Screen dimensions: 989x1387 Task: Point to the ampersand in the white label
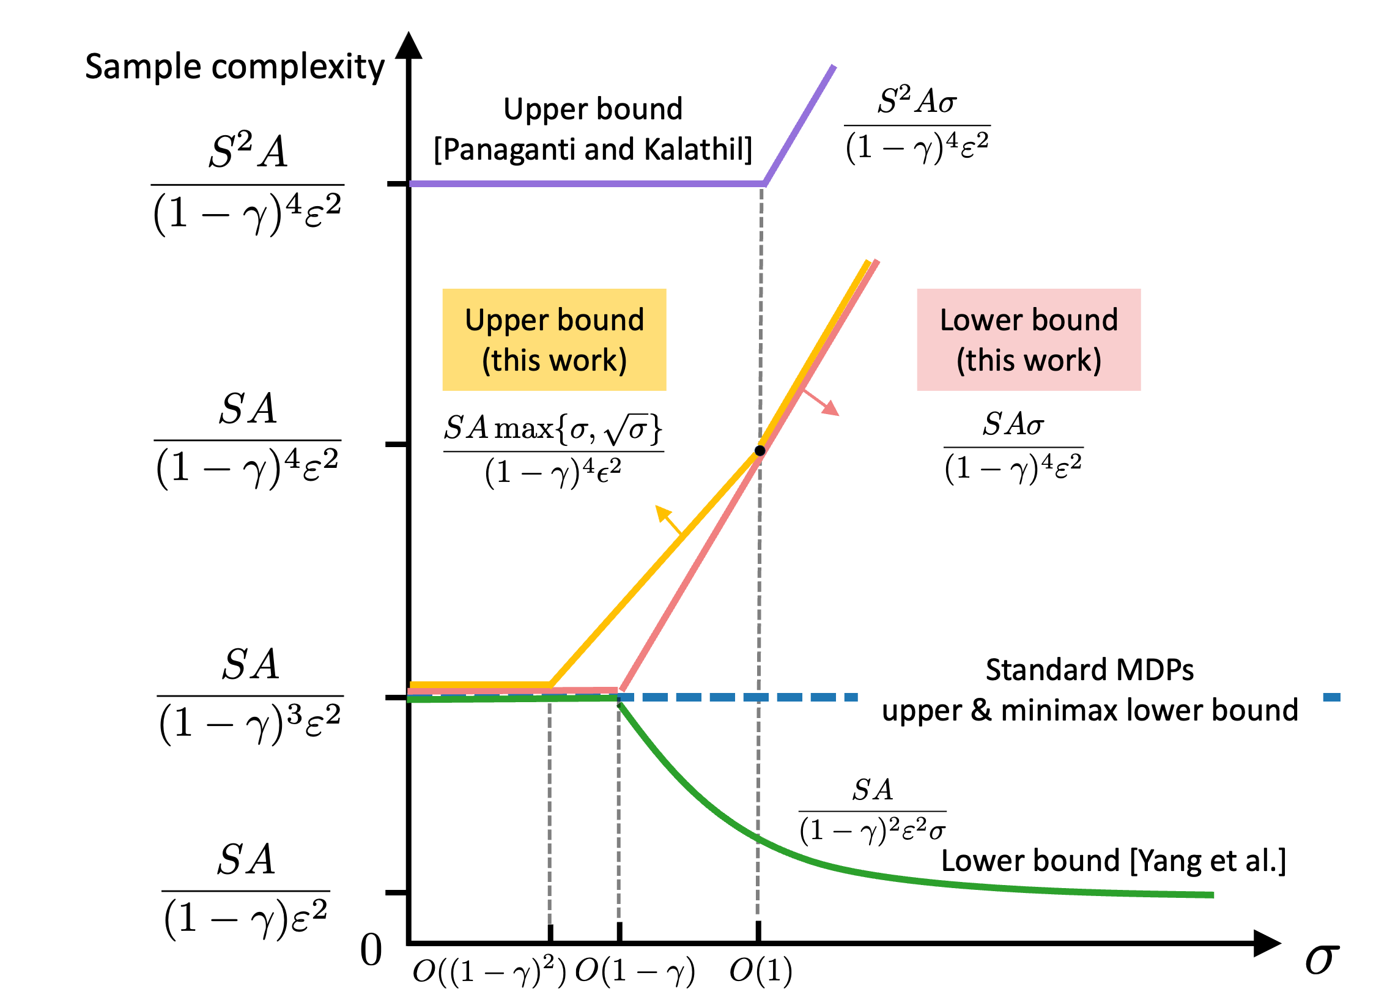point(981,710)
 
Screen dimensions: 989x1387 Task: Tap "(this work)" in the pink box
point(1029,360)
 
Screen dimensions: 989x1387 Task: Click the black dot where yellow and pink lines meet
point(760,451)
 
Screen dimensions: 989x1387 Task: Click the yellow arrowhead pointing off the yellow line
point(662,512)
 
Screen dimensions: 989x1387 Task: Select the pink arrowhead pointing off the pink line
point(832,409)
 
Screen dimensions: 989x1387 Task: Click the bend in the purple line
point(764,183)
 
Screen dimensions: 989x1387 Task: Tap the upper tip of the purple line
point(834,66)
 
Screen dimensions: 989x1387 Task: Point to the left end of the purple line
point(411,183)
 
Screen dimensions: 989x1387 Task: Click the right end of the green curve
point(1213,895)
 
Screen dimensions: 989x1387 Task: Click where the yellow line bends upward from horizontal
point(550,684)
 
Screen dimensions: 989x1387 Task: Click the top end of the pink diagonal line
point(877,262)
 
